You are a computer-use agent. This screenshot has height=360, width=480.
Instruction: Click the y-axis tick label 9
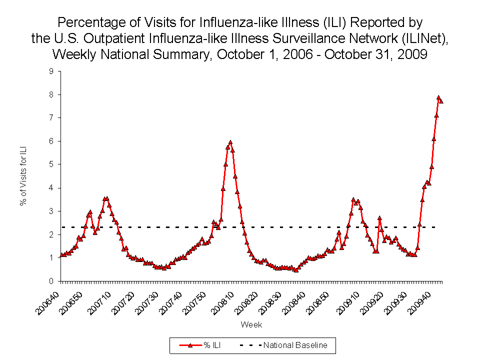click(x=51, y=71)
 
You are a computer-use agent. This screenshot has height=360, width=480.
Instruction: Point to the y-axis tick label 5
click(x=51, y=164)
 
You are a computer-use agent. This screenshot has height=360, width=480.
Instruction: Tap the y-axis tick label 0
click(x=51, y=281)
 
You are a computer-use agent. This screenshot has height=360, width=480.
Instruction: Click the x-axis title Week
click(x=251, y=325)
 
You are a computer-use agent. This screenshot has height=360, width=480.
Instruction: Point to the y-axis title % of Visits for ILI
click(x=23, y=176)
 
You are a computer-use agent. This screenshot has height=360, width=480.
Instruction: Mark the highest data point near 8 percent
click(x=438, y=98)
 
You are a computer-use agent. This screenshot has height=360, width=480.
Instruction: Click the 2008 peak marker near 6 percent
click(x=230, y=142)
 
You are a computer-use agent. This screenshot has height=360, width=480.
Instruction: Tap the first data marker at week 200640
click(x=61, y=255)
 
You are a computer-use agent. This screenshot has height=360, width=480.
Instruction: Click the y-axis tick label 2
click(x=51, y=234)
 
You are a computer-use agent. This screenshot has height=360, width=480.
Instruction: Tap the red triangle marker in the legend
click(x=190, y=345)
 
